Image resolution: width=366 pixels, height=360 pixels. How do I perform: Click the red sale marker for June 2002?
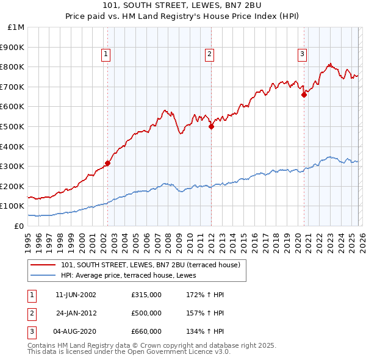(x=107, y=163)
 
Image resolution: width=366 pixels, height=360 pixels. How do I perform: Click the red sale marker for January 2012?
(x=211, y=126)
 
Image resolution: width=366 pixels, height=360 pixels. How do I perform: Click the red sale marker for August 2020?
(x=303, y=95)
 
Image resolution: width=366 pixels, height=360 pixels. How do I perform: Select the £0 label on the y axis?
(x=20, y=226)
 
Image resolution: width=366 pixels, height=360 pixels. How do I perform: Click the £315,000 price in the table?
(x=146, y=295)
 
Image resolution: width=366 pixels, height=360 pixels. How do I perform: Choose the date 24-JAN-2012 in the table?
(x=76, y=313)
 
